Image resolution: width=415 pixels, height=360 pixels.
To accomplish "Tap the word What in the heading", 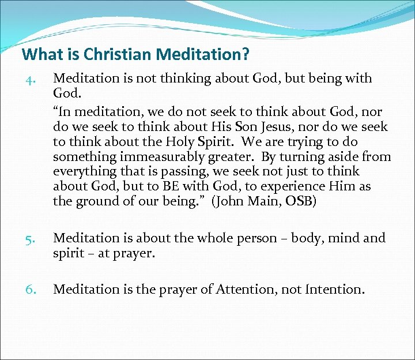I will pos(40,55).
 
